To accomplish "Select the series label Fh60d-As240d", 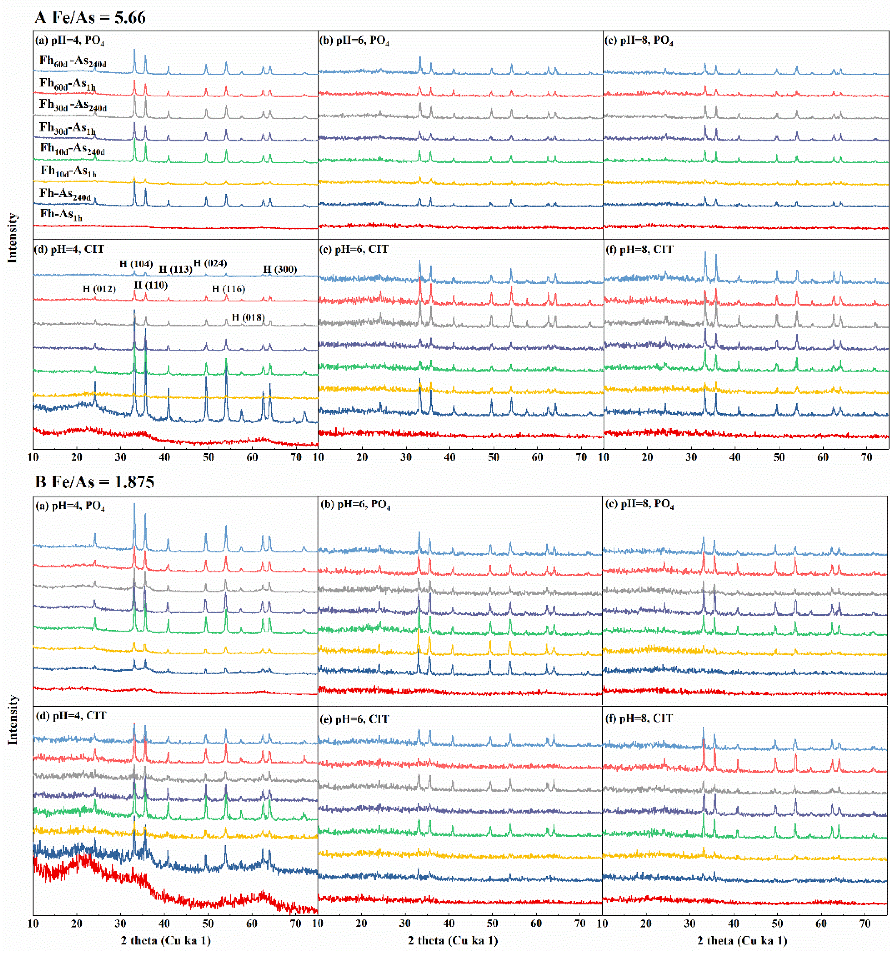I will (x=73, y=61).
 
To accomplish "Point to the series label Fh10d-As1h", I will (x=69, y=171).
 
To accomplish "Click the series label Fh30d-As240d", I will (x=73, y=105).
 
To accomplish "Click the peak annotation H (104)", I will (x=136, y=264).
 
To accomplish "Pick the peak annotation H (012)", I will (x=99, y=289).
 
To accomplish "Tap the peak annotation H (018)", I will (x=248, y=317).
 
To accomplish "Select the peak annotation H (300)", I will (x=280, y=269).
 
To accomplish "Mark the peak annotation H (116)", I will (x=229, y=289).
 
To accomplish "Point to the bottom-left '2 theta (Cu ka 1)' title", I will (x=166, y=940).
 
